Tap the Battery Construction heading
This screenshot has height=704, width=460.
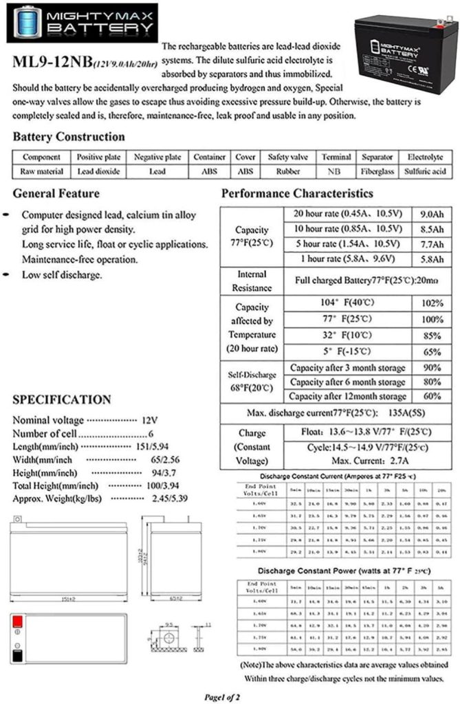pyautogui.click(x=69, y=137)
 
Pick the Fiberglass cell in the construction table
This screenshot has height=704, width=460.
pyautogui.click(x=377, y=171)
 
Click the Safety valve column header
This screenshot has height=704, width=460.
pyautogui.click(x=287, y=157)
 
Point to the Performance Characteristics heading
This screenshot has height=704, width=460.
pyautogui.click(x=297, y=194)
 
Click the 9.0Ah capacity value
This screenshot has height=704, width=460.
pyautogui.click(x=432, y=213)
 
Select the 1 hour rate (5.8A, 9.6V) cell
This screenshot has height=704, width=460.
pyautogui.click(x=349, y=258)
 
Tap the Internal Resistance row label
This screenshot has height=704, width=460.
pyautogui.click(x=252, y=281)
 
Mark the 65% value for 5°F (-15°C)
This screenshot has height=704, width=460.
pyautogui.click(x=432, y=351)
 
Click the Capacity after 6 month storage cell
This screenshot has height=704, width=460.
pyautogui.click(x=347, y=382)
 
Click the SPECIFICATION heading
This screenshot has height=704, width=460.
pyautogui.click(x=61, y=400)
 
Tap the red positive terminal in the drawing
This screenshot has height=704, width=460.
pyautogui.click(x=19, y=621)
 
